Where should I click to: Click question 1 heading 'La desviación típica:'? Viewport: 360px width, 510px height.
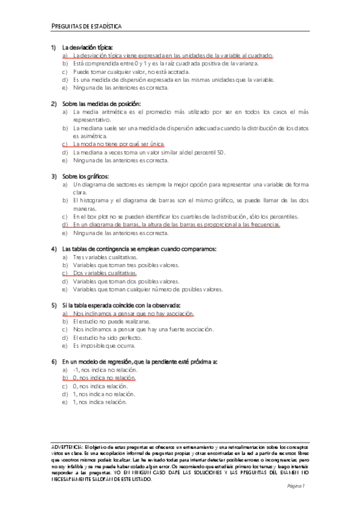(x=87, y=48)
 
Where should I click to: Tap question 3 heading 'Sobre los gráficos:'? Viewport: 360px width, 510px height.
(x=85, y=176)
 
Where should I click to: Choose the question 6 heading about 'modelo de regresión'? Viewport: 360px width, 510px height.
(x=139, y=361)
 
